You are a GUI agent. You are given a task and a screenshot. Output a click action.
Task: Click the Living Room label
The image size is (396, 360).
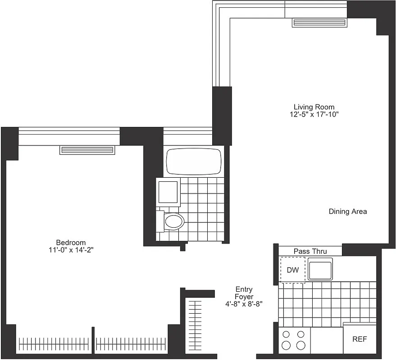314,107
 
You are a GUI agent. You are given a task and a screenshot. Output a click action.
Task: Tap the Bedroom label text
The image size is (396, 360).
71,242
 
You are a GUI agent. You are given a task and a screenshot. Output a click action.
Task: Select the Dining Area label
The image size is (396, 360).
347,211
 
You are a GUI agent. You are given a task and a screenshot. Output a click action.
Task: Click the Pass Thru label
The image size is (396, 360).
310,251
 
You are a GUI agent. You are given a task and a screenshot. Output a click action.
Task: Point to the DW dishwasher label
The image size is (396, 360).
293,270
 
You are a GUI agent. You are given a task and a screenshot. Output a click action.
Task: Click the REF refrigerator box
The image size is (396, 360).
359,339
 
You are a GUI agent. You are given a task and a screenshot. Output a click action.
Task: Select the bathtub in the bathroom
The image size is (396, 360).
194,161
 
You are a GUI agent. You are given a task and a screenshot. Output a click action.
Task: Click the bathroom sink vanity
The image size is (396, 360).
168,192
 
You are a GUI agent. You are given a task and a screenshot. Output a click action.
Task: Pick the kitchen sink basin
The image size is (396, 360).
319,269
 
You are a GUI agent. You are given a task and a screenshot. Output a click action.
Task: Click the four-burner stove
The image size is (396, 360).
293,340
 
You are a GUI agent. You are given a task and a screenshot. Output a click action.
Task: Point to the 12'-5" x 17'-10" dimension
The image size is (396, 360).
314,115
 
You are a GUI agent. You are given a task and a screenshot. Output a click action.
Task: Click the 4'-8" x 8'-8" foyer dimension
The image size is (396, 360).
244,304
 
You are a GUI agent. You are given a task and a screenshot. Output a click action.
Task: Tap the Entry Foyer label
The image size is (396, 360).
244,293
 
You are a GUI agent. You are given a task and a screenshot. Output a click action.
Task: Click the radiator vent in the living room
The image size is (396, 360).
319,22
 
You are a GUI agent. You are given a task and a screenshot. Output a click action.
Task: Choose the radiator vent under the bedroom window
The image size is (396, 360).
87,150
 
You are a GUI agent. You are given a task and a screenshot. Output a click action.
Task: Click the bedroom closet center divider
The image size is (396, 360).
93,341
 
